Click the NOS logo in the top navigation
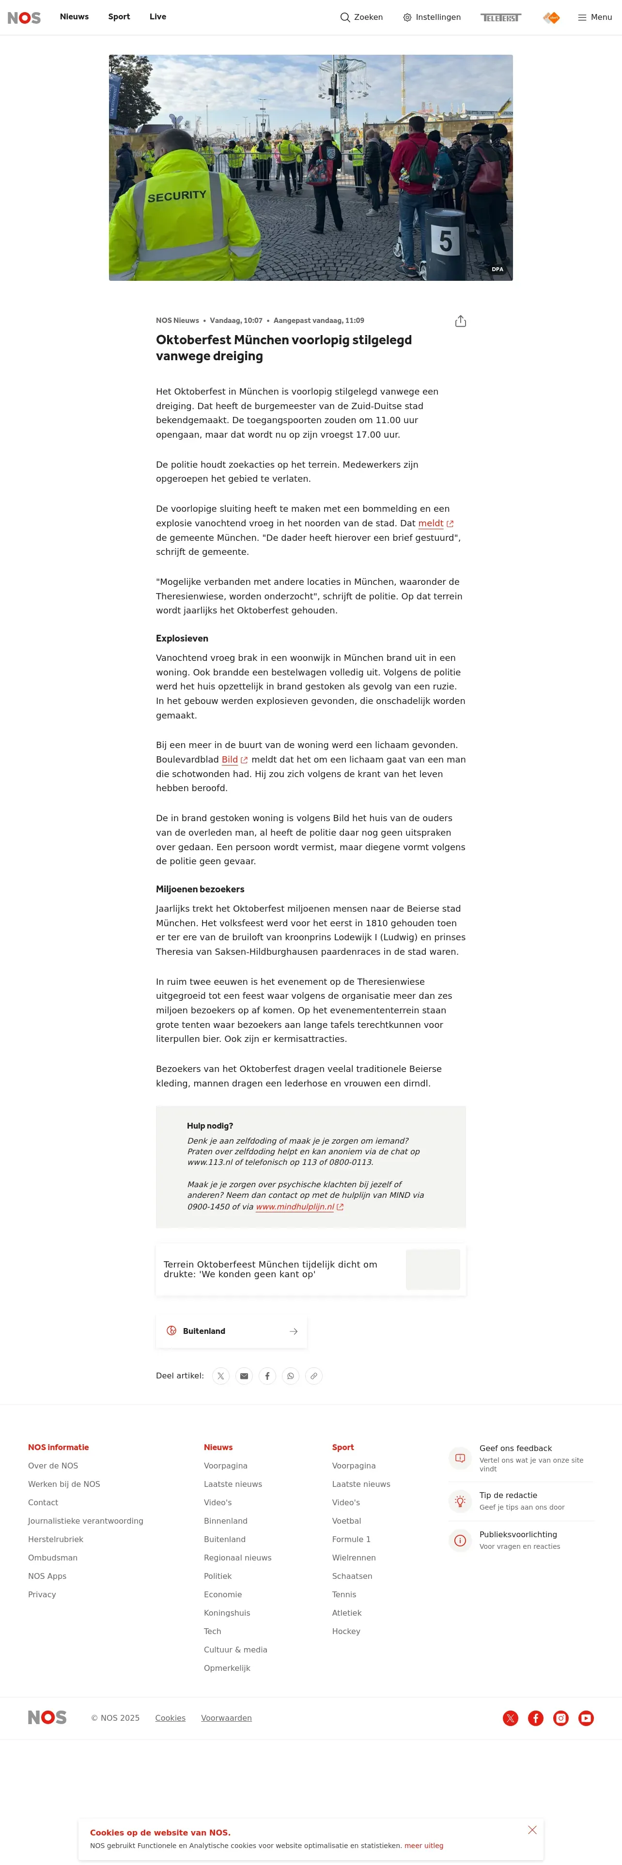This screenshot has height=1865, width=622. click(x=24, y=17)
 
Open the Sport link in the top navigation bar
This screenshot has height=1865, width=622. click(x=119, y=16)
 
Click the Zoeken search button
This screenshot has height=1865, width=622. click(x=361, y=17)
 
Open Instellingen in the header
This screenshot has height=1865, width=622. click(x=432, y=17)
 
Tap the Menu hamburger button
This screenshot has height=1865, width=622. click(x=594, y=17)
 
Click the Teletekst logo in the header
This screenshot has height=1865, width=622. click(x=500, y=17)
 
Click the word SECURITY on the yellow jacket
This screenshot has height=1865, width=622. click(x=177, y=196)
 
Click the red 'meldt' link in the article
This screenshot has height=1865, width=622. click(x=431, y=523)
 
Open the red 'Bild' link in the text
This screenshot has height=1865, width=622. click(x=230, y=760)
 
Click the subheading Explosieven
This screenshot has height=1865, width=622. click(x=182, y=639)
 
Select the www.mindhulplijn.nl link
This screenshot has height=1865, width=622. click(x=295, y=1207)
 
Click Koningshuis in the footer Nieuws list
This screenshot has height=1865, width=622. click(x=227, y=1613)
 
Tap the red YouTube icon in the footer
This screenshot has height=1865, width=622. click(x=586, y=1718)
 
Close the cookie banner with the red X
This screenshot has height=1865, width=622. click(x=532, y=1830)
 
